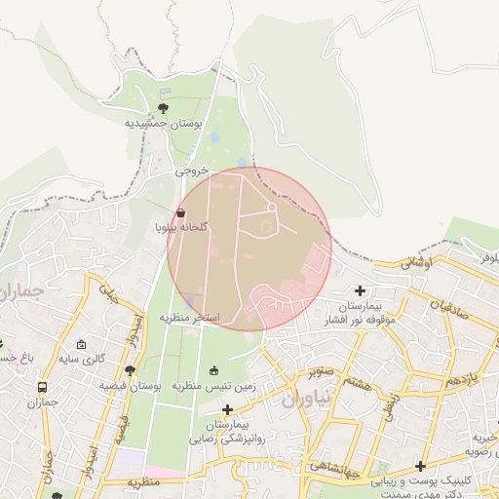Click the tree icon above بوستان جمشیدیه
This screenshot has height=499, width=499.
click(163, 107)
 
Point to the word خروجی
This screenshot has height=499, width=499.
click(192, 170)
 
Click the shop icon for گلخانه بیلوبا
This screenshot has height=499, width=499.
click(180, 212)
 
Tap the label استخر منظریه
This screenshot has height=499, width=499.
click(191, 319)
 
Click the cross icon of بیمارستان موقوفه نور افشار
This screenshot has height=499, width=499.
click(361, 290)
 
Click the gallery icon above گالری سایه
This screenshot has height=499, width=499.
click(81, 345)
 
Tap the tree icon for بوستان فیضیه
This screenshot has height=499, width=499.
click(130, 370)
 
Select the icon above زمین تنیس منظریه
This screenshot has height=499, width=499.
click(213, 369)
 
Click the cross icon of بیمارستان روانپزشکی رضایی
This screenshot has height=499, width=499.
click(227, 410)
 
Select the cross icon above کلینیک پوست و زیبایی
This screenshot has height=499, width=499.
click(421, 466)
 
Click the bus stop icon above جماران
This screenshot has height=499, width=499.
click(43, 387)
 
